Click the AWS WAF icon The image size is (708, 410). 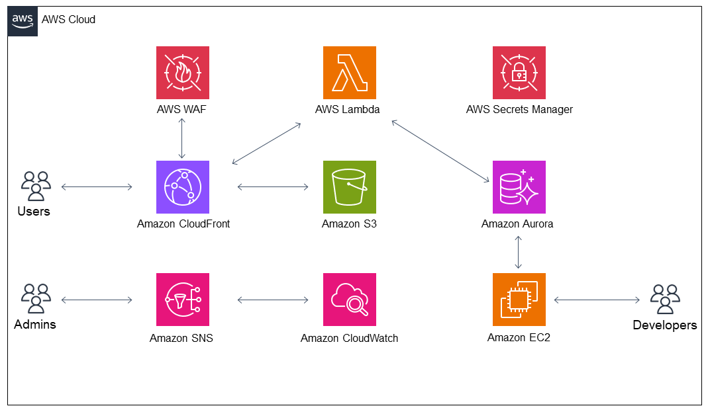click(182, 73)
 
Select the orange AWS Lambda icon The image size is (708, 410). click(350, 73)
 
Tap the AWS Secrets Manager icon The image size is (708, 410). click(519, 73)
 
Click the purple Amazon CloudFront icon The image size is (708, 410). click(182, 187)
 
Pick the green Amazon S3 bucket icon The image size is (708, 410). click(350, 187)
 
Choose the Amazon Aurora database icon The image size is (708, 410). click(519, 187)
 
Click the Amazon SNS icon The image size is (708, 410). click(182, 300)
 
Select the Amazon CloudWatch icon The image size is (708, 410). click(350, 300)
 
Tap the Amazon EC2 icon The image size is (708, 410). click(519, 300)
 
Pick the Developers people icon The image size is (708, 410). click(664, 299)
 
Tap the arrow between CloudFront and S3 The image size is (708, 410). click(273, 187)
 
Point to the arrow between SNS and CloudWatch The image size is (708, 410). click(273, 300)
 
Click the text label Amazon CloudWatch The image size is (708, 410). click(349, 338)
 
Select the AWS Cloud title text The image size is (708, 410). click(68, 20)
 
